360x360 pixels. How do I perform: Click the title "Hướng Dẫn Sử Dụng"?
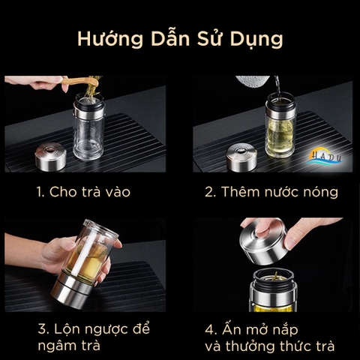pyautogui.click(x=179, y=37)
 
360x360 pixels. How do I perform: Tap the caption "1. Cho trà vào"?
pyautogui.click(x=83, y=192)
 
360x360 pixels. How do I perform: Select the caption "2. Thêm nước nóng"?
pyautogui.click(x=271, y=192)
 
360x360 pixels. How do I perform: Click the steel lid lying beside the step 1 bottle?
pyautogui.click(x=50, y=155)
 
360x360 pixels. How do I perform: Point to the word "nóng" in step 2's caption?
pyautogui.click(x=320, y=192)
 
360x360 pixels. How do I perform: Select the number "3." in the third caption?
pyautogui.click(x=43, y=328)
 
